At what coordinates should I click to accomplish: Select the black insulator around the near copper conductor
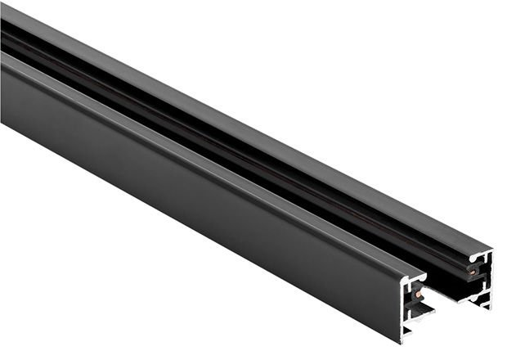pos(414,290)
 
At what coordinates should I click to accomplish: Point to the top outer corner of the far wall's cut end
pos(492,250)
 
